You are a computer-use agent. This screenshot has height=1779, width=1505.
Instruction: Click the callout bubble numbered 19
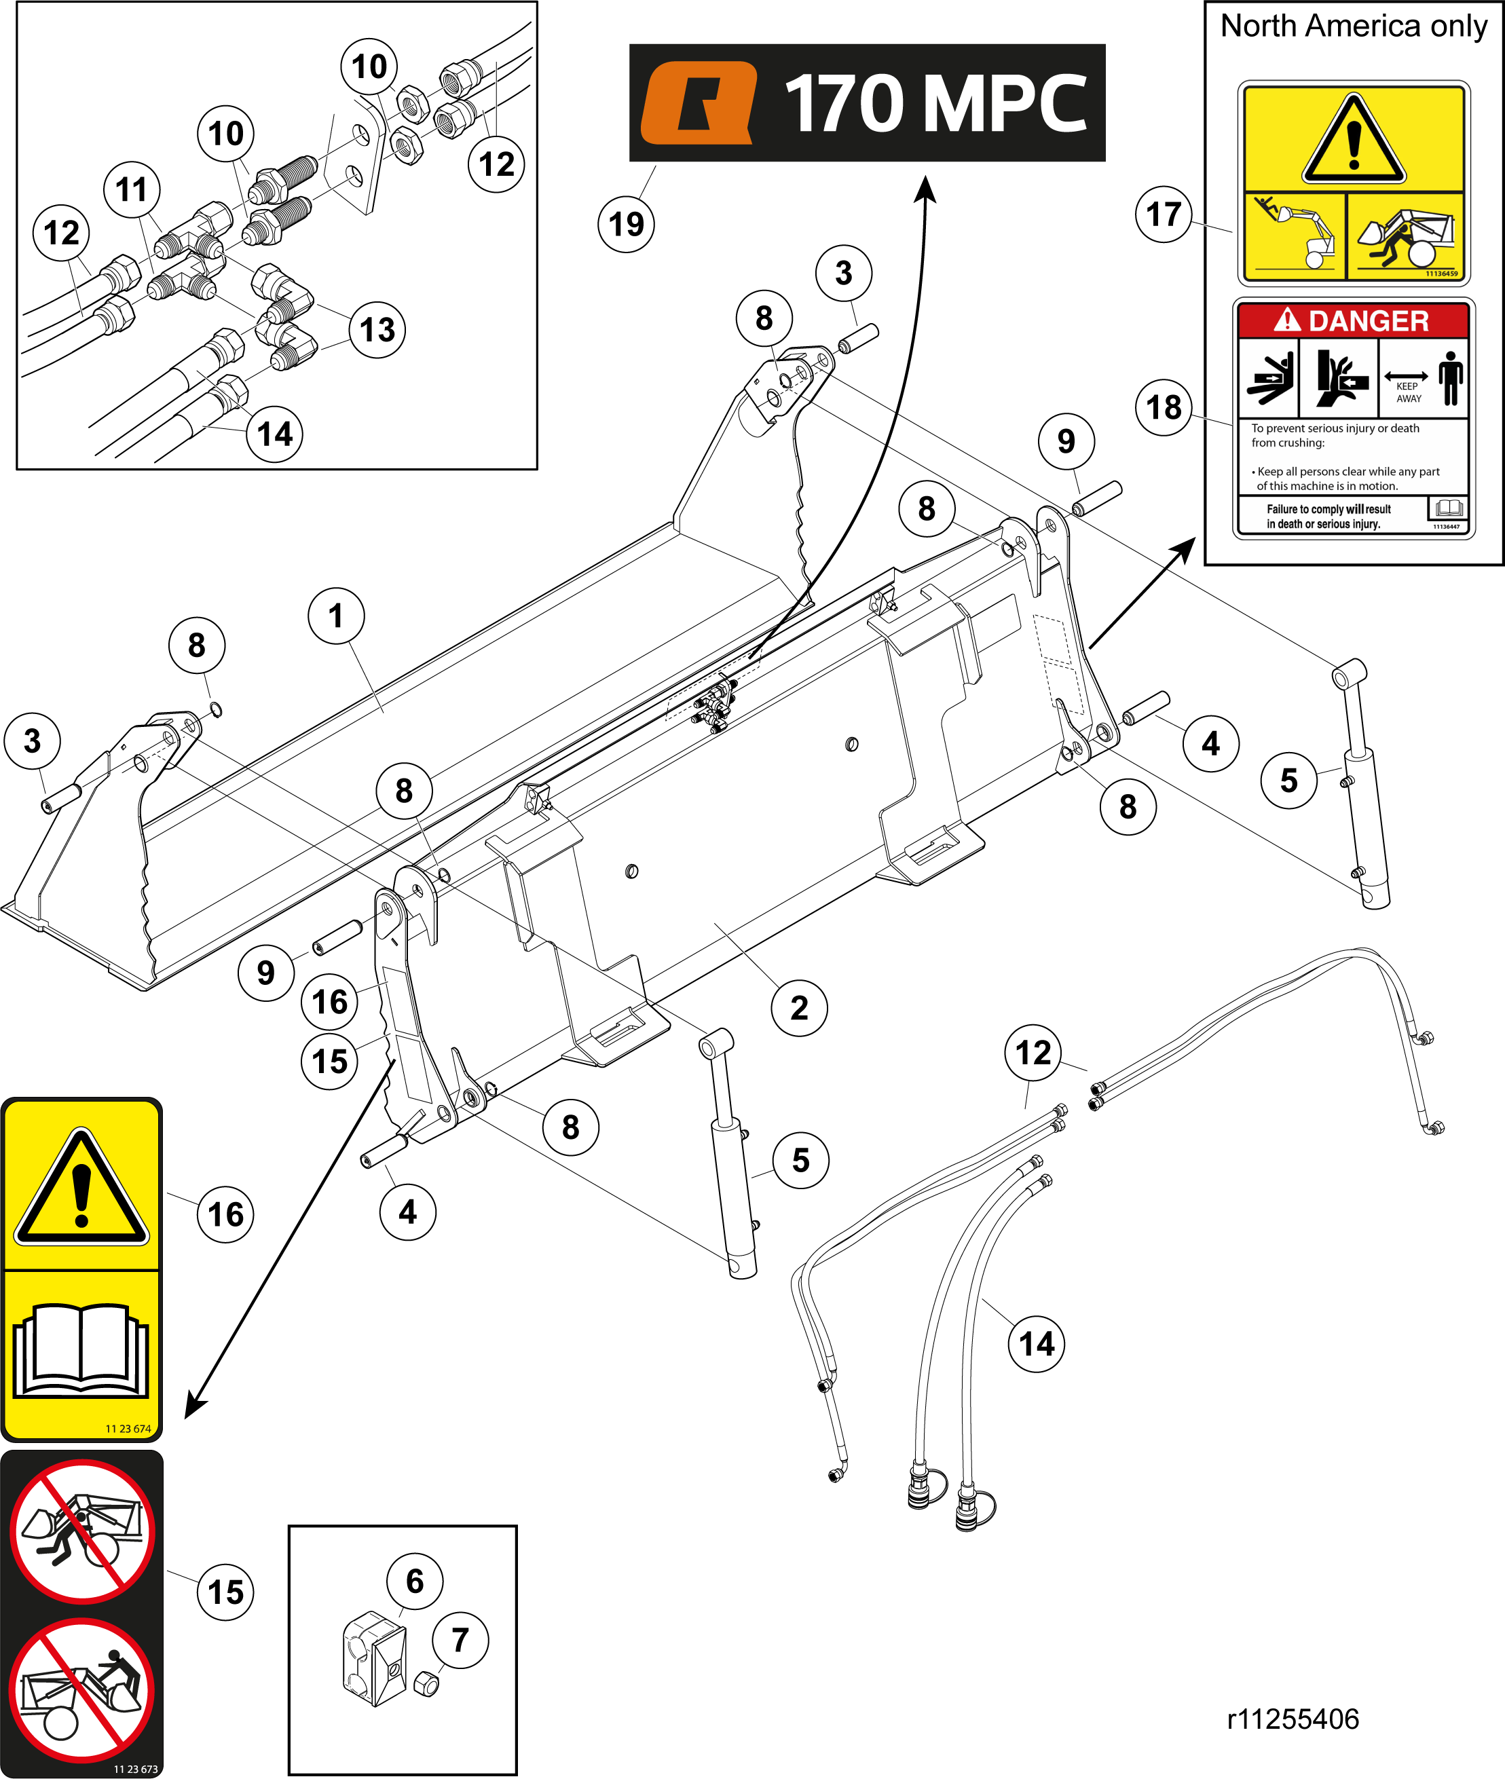pyautogui.click(x=626, y=224)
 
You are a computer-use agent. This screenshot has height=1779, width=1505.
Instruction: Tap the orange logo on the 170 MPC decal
pyautogui.click(x=699, y=102)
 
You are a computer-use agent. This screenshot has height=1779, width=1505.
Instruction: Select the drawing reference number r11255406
pyautogui.click(x=1293, y=1719)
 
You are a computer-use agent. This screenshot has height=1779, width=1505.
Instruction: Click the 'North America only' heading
pyautogui.click(x=1354, y=26)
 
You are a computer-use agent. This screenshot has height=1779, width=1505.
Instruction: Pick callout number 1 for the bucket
pyautogui.click(x=336, y=615)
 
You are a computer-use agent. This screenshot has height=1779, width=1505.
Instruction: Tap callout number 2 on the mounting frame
pyautogui.click(x=798, y=1007)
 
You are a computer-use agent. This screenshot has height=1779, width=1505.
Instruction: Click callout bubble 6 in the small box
pyautogui.click(x=415, y=1580)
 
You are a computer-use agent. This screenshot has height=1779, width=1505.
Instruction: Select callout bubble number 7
pyautogui.click(x=460, y=1638)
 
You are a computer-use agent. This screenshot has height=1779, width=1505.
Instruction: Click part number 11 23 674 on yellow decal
pyautogui.click(x=128, y=1427)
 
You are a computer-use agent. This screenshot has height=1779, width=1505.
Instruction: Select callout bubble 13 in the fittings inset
pyautogui.click(x=377, y=329)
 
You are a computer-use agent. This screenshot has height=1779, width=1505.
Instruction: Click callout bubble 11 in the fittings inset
pyautogui.click(x=132, y=189)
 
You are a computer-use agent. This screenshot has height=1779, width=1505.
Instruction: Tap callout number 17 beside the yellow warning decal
pyautogui.click(x=1164, y=214)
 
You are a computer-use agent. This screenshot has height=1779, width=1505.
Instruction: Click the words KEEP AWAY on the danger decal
pyautogui.click(x=1408, y=392)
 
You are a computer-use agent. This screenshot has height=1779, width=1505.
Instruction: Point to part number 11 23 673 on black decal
pyautogui.click(x=136, y=1769)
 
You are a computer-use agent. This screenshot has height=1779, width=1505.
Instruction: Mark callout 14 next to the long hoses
pyautogui.click(x=1037, y=1344)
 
